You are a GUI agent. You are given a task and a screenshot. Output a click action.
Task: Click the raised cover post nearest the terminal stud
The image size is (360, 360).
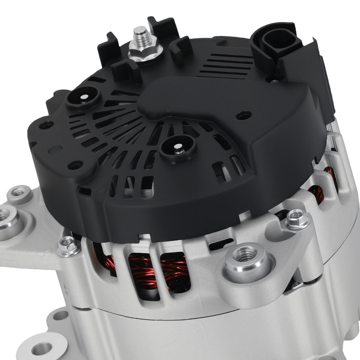click(83, 97)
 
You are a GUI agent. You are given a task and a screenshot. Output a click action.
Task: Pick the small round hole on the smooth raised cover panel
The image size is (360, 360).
click(243, 115)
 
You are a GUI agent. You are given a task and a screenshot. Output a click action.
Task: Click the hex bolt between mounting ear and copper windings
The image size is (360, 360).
click(68, 246)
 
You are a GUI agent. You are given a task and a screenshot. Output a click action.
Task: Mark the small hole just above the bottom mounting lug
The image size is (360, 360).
click(60, 315)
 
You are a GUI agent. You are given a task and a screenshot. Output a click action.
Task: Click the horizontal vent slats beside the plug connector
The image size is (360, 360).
click(227, 65)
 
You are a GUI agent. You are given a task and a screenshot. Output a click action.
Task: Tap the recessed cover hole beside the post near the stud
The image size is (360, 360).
click(47, 125)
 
